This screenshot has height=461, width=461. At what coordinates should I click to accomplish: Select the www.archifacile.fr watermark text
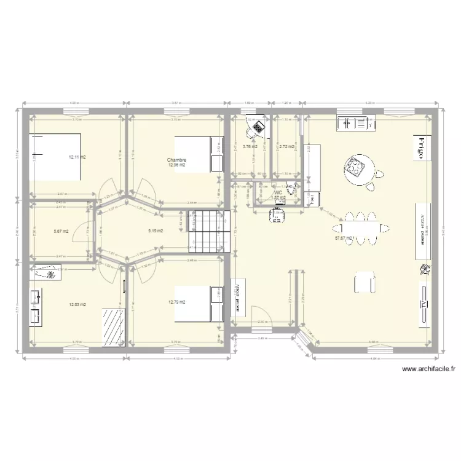[428, 369]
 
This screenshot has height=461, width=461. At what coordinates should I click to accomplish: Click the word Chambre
[176, 160]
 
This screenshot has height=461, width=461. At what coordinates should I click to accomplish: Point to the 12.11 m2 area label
[77, 157]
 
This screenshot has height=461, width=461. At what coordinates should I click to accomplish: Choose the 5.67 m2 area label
[61, 231]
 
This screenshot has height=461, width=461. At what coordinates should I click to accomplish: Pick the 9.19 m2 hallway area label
[156, 231]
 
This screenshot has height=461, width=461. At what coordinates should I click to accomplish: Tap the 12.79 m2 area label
[177, 302]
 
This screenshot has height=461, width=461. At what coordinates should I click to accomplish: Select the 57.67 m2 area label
[344, 238]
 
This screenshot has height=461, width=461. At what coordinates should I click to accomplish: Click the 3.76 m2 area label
[250, 147]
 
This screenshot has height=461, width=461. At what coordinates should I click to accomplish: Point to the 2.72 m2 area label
[286, 147]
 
